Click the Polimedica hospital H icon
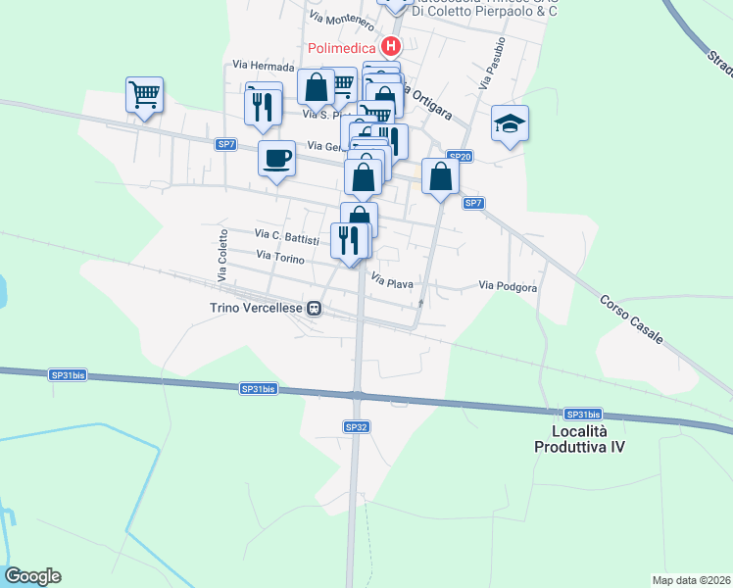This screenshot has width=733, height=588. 391,46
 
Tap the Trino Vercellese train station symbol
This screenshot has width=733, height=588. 315,309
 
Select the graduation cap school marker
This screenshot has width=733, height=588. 510,123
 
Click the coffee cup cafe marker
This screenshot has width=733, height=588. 277,157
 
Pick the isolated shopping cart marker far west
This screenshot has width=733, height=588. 144,95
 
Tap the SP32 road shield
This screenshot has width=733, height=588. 357,426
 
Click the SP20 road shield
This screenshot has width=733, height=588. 460,156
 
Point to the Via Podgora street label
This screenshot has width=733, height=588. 508,286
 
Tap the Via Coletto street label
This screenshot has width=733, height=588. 222,259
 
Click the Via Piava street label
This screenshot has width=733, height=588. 391,283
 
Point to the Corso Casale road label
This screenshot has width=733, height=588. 631,318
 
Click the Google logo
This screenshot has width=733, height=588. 32,576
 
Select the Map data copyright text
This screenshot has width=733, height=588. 692,580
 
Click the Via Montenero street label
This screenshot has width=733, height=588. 340,20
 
